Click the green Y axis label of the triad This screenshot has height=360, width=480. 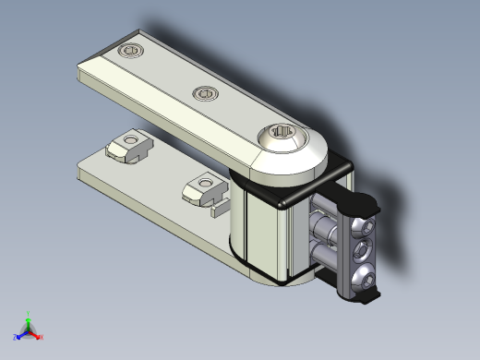pos(29,313)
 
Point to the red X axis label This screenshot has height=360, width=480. pos(42,337)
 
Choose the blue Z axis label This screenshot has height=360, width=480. pos(17,338)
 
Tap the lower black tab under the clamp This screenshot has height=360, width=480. pos(368,298)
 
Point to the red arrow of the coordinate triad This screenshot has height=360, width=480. pos(36,334)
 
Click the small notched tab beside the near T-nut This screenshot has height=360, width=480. pos(221,208)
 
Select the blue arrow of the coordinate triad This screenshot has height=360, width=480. pos(22,334)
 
